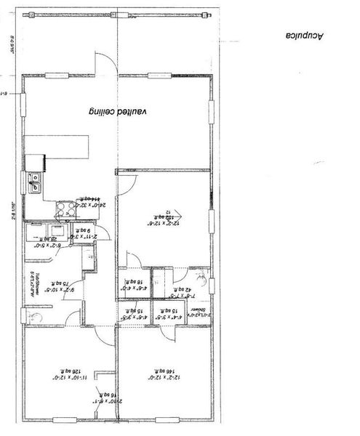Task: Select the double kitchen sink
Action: (x=33, y=182)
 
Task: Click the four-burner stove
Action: (x=65, y=210)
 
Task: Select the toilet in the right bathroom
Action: (x=206, y=277)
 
